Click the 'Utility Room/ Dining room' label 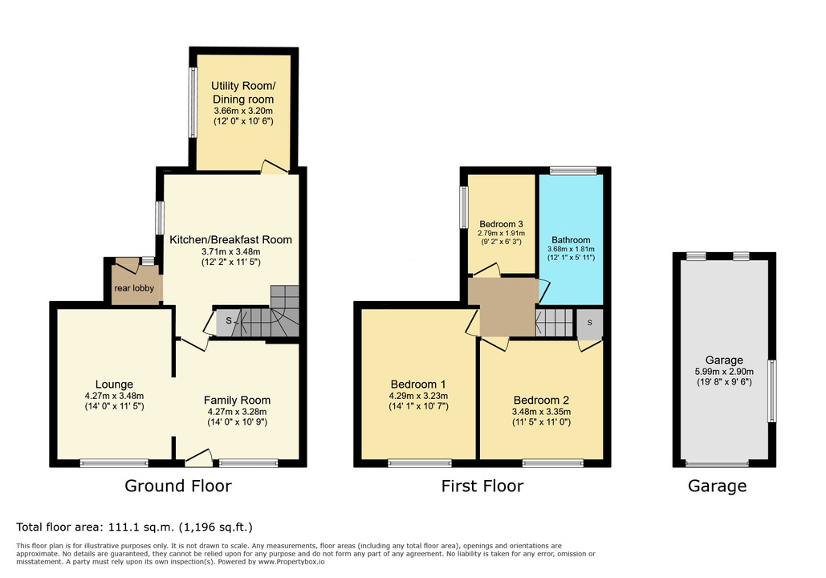(243, 92)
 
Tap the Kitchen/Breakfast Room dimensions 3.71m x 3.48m (230, 252)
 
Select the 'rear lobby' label (134, 288)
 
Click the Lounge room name (114, 385)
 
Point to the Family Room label (237, 401)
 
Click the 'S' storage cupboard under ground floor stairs (229, 321)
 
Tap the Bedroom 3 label (501, 224)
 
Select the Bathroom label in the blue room (571, 240)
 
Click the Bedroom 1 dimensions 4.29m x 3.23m (419, 396)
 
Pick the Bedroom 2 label (542, 401)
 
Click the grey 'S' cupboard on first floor (589, 323)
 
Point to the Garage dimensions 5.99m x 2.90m (724, 372)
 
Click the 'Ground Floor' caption (178, 486)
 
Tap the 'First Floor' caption (482, 486)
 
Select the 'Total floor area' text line (134, 527)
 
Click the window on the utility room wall (193, 103)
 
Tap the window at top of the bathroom (573, 170)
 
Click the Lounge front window (114, 463)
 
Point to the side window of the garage (771, 391)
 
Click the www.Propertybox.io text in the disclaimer (291, 562)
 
